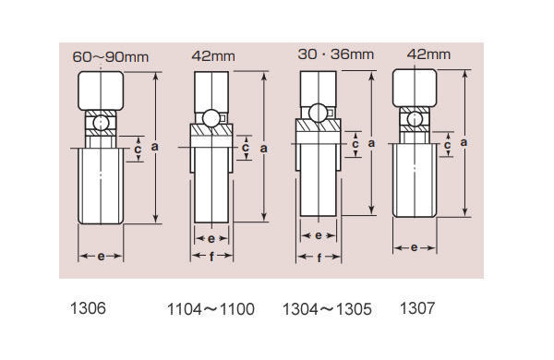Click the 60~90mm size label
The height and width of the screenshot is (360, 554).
pos(111,57)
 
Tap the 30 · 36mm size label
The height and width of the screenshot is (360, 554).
pos(336,54)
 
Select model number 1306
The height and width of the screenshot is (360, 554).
pos(88,308)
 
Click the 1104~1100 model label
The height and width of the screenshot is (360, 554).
pos(211,309)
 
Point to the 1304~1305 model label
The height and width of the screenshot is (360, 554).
pos(327,309)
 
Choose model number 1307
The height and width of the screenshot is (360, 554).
pos(417,308)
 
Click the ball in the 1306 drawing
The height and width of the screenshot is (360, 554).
pos(101,123)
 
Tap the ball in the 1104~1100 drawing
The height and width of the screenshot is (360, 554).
pos(211,118)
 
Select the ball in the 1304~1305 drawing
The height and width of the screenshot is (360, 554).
pos(318,113)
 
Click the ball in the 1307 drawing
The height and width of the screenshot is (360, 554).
pos(415,119)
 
